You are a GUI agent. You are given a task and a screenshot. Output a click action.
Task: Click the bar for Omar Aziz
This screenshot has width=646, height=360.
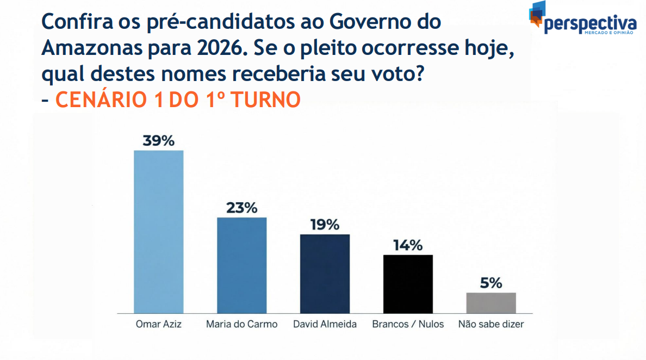point(158,231)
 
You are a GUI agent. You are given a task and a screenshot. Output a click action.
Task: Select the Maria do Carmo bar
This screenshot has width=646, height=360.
point(241,265)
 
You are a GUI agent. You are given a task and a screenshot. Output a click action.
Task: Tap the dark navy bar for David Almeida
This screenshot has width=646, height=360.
point(325,274)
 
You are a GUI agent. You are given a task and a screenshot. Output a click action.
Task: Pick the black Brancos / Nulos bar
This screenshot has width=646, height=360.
point(408,283)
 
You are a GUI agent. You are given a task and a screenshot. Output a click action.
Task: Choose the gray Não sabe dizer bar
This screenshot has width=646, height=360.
point(491,302)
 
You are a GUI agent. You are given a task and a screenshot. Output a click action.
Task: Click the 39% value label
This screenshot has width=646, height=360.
point(158,141)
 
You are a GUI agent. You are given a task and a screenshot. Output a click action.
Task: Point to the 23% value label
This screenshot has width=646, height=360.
point(241,208)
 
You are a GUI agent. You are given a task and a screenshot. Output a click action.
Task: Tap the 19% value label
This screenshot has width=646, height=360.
point(325,225)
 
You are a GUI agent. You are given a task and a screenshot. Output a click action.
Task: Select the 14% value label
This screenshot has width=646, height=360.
point(408,245)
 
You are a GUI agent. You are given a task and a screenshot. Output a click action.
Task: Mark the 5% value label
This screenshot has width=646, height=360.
point(491,283)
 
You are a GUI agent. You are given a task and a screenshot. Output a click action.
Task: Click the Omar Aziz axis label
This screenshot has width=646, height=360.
point(158,325)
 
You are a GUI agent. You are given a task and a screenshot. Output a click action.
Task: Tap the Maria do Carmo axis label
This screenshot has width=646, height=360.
point(241,325)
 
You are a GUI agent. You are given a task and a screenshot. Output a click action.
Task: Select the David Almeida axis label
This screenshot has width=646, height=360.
point(325,325)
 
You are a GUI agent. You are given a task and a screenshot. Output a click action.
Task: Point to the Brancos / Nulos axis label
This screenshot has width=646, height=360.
point(408,325)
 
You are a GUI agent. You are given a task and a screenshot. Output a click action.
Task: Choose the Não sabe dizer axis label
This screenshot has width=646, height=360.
point(491,325)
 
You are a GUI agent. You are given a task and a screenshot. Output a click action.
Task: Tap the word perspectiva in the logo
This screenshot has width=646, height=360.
point(590,24)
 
